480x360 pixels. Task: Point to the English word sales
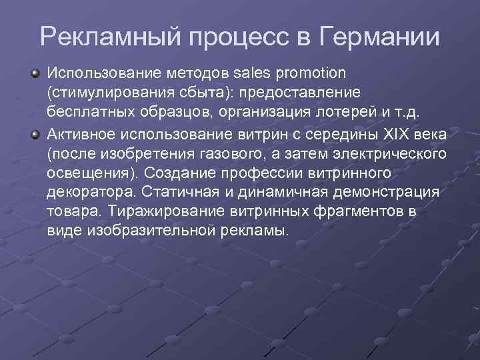pos(253,71)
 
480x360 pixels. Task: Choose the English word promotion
pos(309,71)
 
